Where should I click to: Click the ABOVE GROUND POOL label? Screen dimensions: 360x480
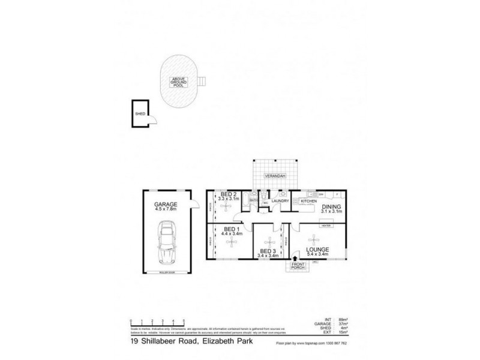click(x=178, y=82)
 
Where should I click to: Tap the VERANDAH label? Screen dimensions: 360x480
click(x=275, y=176)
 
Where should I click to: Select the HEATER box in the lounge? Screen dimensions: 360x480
click(x=326, y=225)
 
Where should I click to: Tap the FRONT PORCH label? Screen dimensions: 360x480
click(x=297, y=266)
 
